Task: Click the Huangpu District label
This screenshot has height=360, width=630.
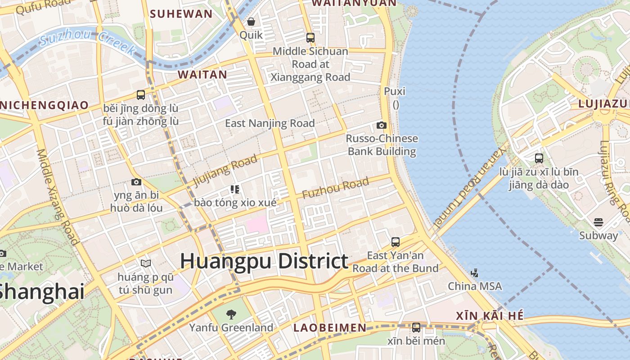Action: [264, 261]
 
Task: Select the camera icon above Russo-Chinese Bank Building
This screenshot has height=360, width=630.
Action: [382, 125]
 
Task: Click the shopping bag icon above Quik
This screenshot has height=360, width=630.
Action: [251, 22]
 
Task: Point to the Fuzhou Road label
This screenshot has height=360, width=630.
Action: [336, 188]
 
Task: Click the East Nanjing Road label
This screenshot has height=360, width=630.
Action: [270, 123]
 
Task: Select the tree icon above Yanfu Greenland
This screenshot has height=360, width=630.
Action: [231, 314]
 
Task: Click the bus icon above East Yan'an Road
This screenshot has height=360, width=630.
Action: [396, 242]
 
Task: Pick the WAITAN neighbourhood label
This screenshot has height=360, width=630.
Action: [202, 75]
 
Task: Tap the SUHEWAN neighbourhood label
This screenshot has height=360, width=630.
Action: [181, 13]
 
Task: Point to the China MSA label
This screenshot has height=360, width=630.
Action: [475, 286]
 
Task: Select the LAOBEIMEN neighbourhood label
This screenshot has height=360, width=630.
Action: [330, 328]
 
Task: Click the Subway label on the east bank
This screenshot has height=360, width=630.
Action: [598, 235]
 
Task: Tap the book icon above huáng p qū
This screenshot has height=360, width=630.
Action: [145, 263]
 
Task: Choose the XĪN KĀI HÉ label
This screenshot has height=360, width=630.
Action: [490, 316]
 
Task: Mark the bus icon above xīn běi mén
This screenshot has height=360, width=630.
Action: [416, 327]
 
